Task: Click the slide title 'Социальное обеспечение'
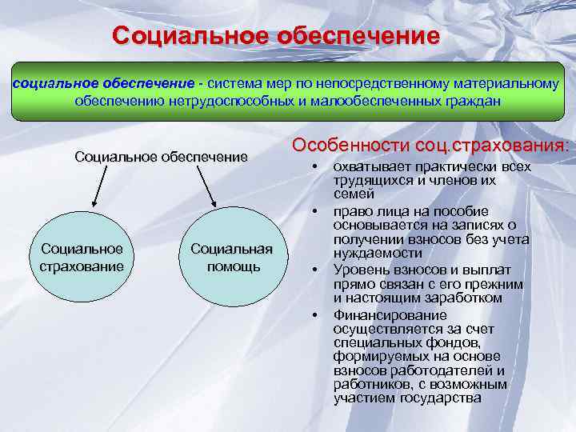pyautogui.click(x=276, y=38)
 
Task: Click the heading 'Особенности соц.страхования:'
pyautogui.click(x=432, y=146)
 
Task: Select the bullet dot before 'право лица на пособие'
pyautogui.click(x=317, y=210)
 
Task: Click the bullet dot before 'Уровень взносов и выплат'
pyautogui.click(x=317, y=268)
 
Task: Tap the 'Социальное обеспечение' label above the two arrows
pyautogui.click(x=161, y=156)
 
